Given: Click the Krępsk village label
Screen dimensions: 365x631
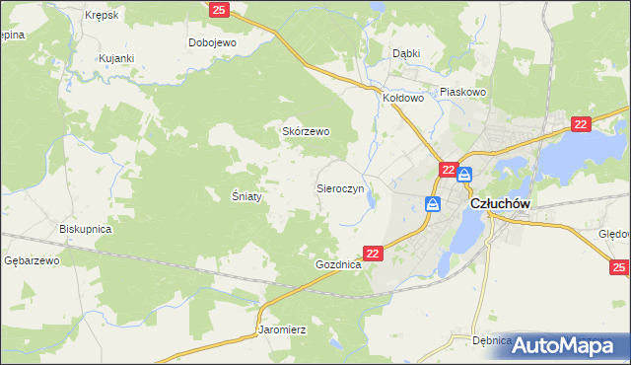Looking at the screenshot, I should point(102,16).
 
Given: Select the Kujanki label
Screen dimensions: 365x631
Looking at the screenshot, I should point(115,59).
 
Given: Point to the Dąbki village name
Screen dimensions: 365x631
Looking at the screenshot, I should point(406,53).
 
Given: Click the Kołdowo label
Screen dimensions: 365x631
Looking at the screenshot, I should point(403,98).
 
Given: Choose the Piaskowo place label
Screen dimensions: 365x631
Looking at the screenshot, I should point(463,92).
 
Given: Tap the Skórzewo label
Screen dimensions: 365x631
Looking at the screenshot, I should point(306,131).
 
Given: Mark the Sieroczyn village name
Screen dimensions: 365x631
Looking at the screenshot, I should point(340,186).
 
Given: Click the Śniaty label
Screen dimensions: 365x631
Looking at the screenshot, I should point(246,196).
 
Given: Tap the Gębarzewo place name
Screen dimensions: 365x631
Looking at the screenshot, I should point(33,260).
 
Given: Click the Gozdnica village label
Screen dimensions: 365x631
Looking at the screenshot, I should point(339,266).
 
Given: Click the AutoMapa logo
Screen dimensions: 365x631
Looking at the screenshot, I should point(572,345).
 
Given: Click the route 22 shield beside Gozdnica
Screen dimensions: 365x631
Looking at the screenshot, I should point(373,254).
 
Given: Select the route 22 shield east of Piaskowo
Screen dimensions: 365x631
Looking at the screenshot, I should point(580,123).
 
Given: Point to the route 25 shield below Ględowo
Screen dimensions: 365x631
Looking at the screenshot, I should point(619,267).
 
